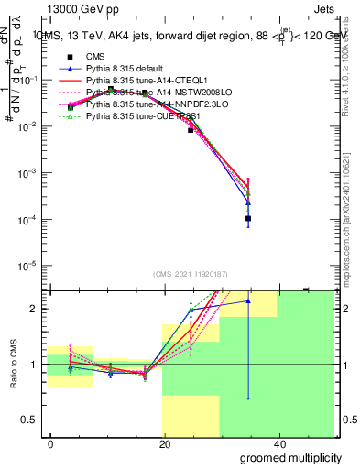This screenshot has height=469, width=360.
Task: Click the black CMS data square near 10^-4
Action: (x=248, y=219)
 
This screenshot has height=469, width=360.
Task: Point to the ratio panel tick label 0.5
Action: (x=33, y=420)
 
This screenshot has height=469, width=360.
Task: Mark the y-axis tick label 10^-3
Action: (x=30, y=172)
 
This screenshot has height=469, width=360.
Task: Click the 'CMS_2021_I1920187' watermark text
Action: (x=191, y=275)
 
